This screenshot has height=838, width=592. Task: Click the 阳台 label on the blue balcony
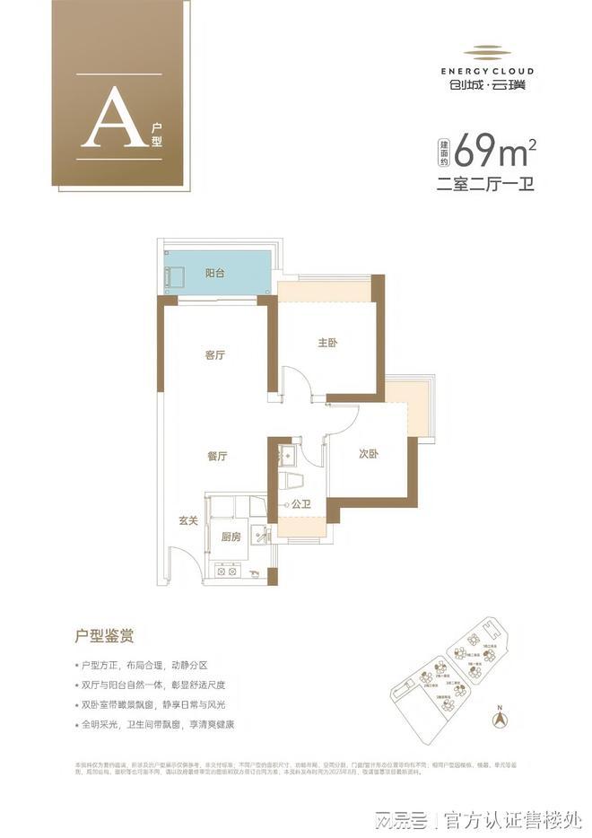coord(214,271)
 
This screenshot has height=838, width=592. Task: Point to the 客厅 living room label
coord(214,355)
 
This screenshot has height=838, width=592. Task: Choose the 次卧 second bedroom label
coord(369,454)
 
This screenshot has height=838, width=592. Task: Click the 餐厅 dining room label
coord(216,456)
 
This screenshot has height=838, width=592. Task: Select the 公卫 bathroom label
coord(300,506)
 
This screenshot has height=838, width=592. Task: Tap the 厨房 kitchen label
coord(231,537)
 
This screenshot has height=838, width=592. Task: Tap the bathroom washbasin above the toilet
coord(286,455)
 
